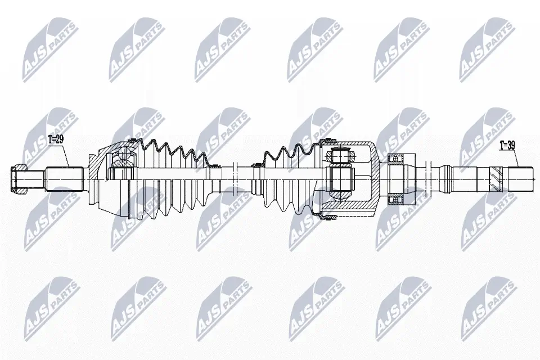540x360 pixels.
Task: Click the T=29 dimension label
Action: [x=56, y=139]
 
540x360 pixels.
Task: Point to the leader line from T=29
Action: [x=65, y=155]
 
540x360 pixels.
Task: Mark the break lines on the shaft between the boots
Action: [x=236, y=180]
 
